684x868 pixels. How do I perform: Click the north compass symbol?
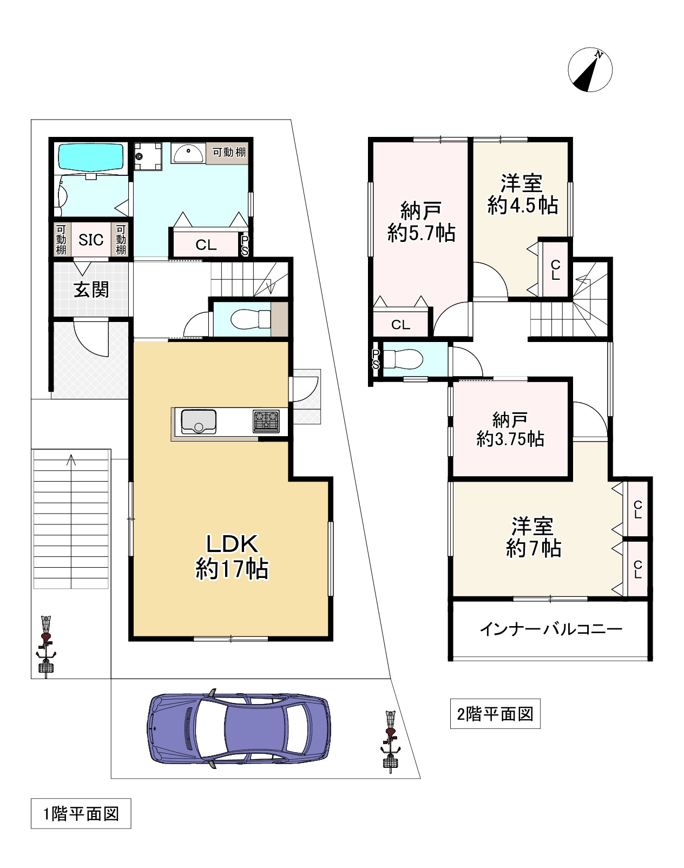(x=590, y=70)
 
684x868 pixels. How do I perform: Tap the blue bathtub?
(x=91, y=156)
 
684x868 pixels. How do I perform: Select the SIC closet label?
(x=91, y=240)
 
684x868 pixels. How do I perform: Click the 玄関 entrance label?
(x=91, y=290)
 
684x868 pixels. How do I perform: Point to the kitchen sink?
(x=199, y=422)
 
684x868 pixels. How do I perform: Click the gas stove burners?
(x=266, y=421)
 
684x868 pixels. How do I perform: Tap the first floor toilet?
(x=251, y=319)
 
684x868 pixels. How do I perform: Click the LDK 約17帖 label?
(x=232, y=557)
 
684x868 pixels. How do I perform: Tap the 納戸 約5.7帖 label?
(x=421, y=222)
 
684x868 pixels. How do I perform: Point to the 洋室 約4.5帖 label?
(x=523, y=194)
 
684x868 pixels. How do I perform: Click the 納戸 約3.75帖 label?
(x=510, y=429)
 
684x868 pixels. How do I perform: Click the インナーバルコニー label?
(x=551, y=629)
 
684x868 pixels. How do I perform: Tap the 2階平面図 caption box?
(x=495, y=714)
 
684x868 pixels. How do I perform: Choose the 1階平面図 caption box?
(x=81, y=813)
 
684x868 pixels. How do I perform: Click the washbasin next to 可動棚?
(x=188, y=153)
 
